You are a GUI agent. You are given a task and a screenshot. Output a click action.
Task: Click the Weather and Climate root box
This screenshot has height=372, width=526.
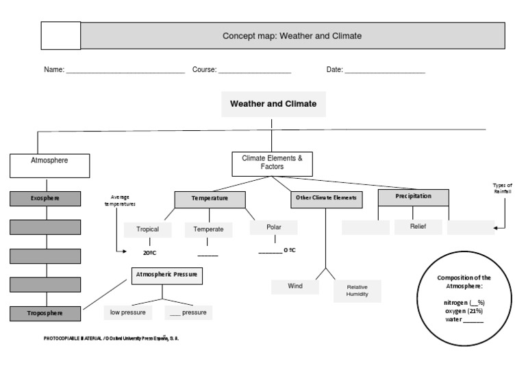273,104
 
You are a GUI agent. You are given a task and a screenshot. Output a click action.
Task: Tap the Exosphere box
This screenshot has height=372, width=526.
45,199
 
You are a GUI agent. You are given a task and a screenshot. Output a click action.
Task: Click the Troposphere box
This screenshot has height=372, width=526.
45,313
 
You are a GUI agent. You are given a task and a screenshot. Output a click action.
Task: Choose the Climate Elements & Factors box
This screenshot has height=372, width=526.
272,162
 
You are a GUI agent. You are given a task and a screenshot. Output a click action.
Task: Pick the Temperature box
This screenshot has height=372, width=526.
210,199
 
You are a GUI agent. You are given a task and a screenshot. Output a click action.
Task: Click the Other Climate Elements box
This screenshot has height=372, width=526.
325,198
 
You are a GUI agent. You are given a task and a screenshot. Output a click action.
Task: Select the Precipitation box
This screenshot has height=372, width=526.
413,197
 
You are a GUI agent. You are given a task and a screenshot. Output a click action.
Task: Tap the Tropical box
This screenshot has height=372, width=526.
147,230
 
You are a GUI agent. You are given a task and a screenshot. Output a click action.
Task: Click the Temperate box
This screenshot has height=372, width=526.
208,230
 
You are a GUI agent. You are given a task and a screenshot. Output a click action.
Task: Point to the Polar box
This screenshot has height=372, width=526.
274,227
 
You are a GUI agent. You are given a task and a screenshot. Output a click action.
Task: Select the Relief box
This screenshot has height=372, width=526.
418,227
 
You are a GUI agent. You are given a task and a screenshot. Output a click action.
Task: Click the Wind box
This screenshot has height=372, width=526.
295,286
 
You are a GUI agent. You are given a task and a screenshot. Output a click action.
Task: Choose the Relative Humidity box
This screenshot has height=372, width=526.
357,290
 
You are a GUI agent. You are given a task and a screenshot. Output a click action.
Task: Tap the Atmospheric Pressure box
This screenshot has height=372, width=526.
166,275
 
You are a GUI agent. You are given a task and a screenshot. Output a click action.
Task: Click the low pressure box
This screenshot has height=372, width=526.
128,312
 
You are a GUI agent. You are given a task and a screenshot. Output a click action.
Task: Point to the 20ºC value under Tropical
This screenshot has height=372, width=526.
150,252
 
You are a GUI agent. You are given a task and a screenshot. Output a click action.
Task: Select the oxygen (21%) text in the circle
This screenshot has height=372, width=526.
464,310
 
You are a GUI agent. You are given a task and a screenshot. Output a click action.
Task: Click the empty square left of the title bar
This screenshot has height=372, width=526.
61,36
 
